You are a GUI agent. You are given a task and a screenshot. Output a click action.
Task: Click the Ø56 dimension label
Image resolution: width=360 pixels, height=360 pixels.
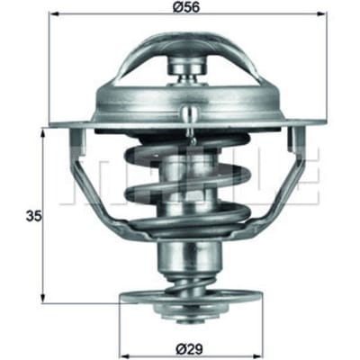click(186, 7)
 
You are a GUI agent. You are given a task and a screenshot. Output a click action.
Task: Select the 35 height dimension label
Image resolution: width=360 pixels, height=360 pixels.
click(33, 216)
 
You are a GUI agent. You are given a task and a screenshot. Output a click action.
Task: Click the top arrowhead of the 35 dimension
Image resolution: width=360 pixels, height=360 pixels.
click(44, 132)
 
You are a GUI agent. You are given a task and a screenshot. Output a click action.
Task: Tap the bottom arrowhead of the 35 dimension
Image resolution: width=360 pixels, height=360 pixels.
click(44, 298)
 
